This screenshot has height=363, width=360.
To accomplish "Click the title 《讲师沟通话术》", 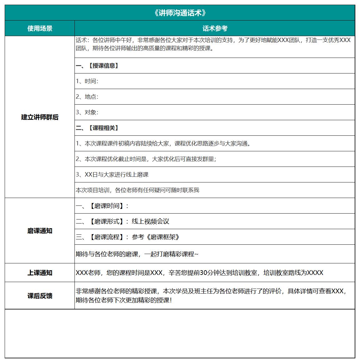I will click(180, 13).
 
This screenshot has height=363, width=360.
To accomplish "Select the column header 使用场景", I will click(40, 29).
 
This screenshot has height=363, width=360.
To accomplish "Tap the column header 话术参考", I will click(215, 29).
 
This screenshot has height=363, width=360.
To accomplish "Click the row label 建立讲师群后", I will click(40, 117).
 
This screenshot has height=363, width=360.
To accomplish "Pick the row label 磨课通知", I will click(40, 231).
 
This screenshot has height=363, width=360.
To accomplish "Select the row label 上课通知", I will click(40, 273).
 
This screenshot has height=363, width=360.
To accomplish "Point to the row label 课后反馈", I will click(40, 296).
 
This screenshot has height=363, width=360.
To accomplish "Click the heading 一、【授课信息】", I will click(97, 66).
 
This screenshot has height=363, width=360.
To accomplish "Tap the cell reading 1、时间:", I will click(87, 81).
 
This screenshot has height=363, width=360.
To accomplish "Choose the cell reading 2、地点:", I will click(87, 97).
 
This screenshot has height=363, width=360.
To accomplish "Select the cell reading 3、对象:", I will click(87, 112).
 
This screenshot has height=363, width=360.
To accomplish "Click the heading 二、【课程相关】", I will click(97, 128).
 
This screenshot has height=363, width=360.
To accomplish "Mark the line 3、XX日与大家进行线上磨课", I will click(112, 175).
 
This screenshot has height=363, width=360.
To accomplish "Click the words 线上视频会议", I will click(151, 221).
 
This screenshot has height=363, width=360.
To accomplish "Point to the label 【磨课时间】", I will click(107, 206).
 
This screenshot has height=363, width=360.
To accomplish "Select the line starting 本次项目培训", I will click(137, 190).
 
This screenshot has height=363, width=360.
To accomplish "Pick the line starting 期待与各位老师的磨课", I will click(137, 254).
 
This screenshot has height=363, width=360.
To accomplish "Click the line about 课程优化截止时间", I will click(146, 159).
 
